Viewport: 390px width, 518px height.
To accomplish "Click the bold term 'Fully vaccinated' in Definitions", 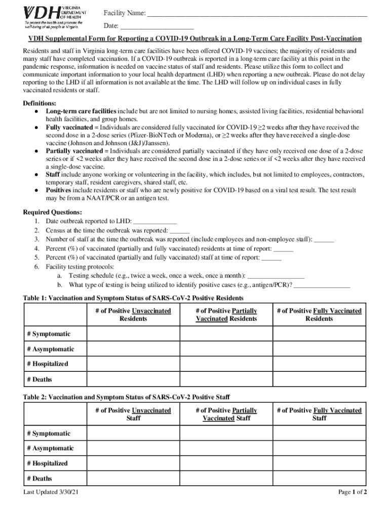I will (x=69, y=128).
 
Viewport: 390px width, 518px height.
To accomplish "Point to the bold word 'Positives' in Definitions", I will (x=59, y=191).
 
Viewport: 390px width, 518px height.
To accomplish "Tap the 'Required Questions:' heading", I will (x=49, y=212).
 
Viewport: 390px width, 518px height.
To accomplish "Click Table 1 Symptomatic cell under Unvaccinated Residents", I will (x=133, y=334).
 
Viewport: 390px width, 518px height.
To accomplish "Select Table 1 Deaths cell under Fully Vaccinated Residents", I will (x=319, y=379).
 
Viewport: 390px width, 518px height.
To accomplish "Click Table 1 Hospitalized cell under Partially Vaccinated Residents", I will (x=226, y=364).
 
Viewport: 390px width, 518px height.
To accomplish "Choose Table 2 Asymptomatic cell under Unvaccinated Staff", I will (x=133, y=449).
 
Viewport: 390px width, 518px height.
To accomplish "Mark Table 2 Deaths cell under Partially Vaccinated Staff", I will (x=226, y=479).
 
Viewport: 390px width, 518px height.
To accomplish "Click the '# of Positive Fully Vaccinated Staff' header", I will (x=319, y=414).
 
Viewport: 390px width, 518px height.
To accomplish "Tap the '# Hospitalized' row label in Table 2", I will (x=48, y=463).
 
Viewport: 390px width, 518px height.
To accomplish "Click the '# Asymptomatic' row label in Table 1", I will (x=51, y=350).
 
